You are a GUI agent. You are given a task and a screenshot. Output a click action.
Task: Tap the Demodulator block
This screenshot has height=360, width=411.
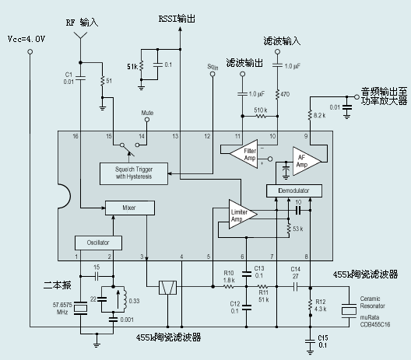tap(293, 190)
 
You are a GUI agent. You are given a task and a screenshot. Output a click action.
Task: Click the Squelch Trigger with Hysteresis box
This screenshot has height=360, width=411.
tap(136, 173)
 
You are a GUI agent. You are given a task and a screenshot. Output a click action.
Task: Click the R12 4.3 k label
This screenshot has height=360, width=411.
tap(321, 303)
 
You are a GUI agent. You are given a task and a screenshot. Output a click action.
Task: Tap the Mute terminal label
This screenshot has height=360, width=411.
tap(146, 113)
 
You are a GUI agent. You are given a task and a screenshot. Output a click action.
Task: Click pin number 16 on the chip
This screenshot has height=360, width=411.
tap(76, 136)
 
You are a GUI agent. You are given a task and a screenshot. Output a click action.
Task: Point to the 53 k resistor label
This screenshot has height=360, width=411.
tap(297, 229)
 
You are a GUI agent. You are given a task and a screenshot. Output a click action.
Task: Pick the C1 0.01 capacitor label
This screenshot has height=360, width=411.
tap(68, 76)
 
